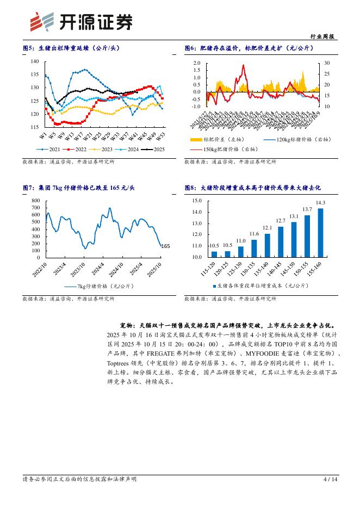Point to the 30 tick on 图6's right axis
click(327, 63)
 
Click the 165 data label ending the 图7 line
click(166, 246)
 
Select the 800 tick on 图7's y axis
click(36, 201)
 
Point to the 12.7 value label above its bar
click(281, 220)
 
